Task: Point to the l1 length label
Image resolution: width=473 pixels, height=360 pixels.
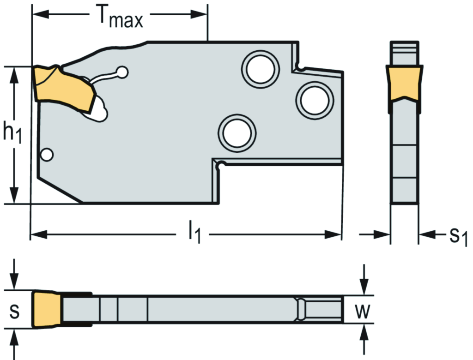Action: point(194,232)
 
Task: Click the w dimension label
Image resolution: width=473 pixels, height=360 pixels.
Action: point(362,311)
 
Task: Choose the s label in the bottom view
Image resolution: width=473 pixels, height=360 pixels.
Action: point(14,311)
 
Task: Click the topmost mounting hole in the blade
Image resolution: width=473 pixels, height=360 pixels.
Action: point(261,69)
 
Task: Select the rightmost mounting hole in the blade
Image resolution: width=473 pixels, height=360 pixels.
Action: point(315,101)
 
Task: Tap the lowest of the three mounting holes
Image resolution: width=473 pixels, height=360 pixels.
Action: point(237,133)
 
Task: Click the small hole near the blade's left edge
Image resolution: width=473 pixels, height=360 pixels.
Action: point(47,155)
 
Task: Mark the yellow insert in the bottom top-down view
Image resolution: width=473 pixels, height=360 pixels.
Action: point(47,309)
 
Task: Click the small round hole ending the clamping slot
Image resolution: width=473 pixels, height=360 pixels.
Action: point(122,72)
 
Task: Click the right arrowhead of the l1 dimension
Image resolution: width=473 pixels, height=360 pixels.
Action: point(333,234)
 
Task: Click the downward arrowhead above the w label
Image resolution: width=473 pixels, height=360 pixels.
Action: point(364,287)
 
